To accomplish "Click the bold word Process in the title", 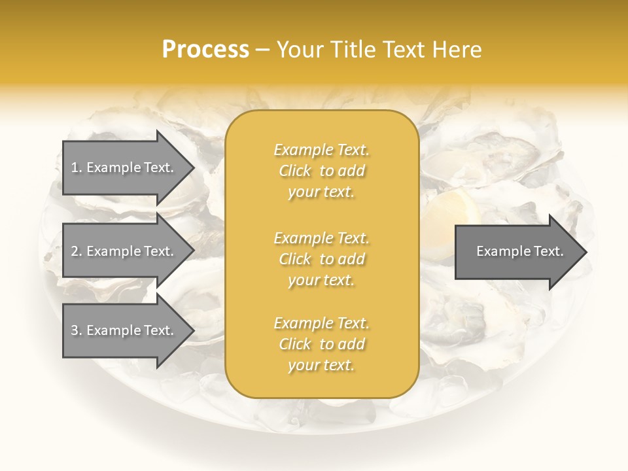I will tap(205, 50).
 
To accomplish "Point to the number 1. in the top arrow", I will tap(77, 167).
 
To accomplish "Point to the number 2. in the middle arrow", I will tap(77, 251).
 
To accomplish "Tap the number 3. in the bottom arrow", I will tap(77, 330).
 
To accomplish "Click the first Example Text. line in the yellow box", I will tap(321, 150).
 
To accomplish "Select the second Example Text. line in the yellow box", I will tap(321, 238).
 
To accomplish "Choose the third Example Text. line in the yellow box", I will tap(321, 323).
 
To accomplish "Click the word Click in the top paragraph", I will tap(295, 171).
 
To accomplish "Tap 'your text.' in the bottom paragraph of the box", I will tap(321, 365).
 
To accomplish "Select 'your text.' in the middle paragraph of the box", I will tap(321, 280).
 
